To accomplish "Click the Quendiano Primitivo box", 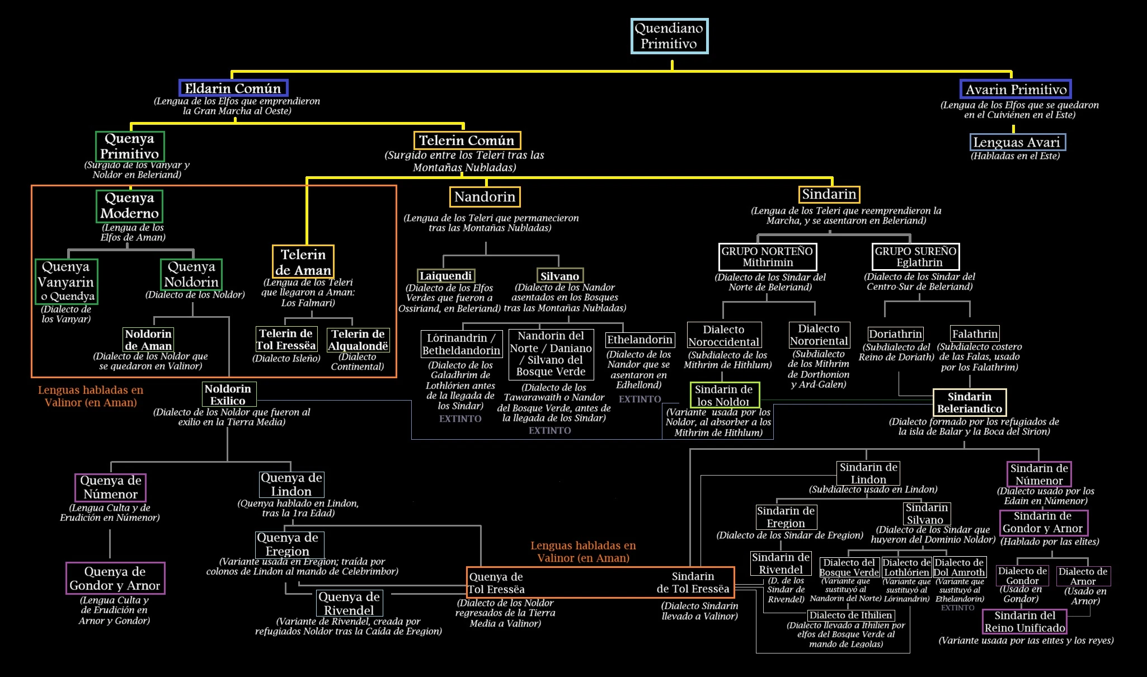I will click(x=669, y=36).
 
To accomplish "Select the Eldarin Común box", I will click(x=233, y=88).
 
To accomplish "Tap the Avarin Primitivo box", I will click(x=1016, y=90).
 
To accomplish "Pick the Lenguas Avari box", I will click(x=1018, y=142).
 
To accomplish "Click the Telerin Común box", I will click(x=467, y=140).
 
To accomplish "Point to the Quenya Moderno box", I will click(x=129, y=206).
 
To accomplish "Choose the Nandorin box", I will click(x=485, y=197).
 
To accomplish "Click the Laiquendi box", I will click(x=446, y=276).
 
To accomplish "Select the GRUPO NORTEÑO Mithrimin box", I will click(x=768, y=257).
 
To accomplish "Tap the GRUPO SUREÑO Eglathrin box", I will click(x=915, y=257).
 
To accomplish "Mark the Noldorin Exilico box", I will click(x=228, y=394).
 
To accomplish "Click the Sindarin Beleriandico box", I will click(x=970, y=403).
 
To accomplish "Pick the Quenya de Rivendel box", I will click(x=349, y=603).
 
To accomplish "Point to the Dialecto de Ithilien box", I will click(x=850, y=615).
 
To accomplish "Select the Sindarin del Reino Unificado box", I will click(x=1024, y=622).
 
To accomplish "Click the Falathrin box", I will click(x=975, y=334).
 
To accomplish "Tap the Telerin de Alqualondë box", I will click(x=358, y=340).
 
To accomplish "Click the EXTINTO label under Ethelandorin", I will click(x=640, y=399).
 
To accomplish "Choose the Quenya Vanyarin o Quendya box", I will click(x=66, y=281).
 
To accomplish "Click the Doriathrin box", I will click(x=895, y=334).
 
